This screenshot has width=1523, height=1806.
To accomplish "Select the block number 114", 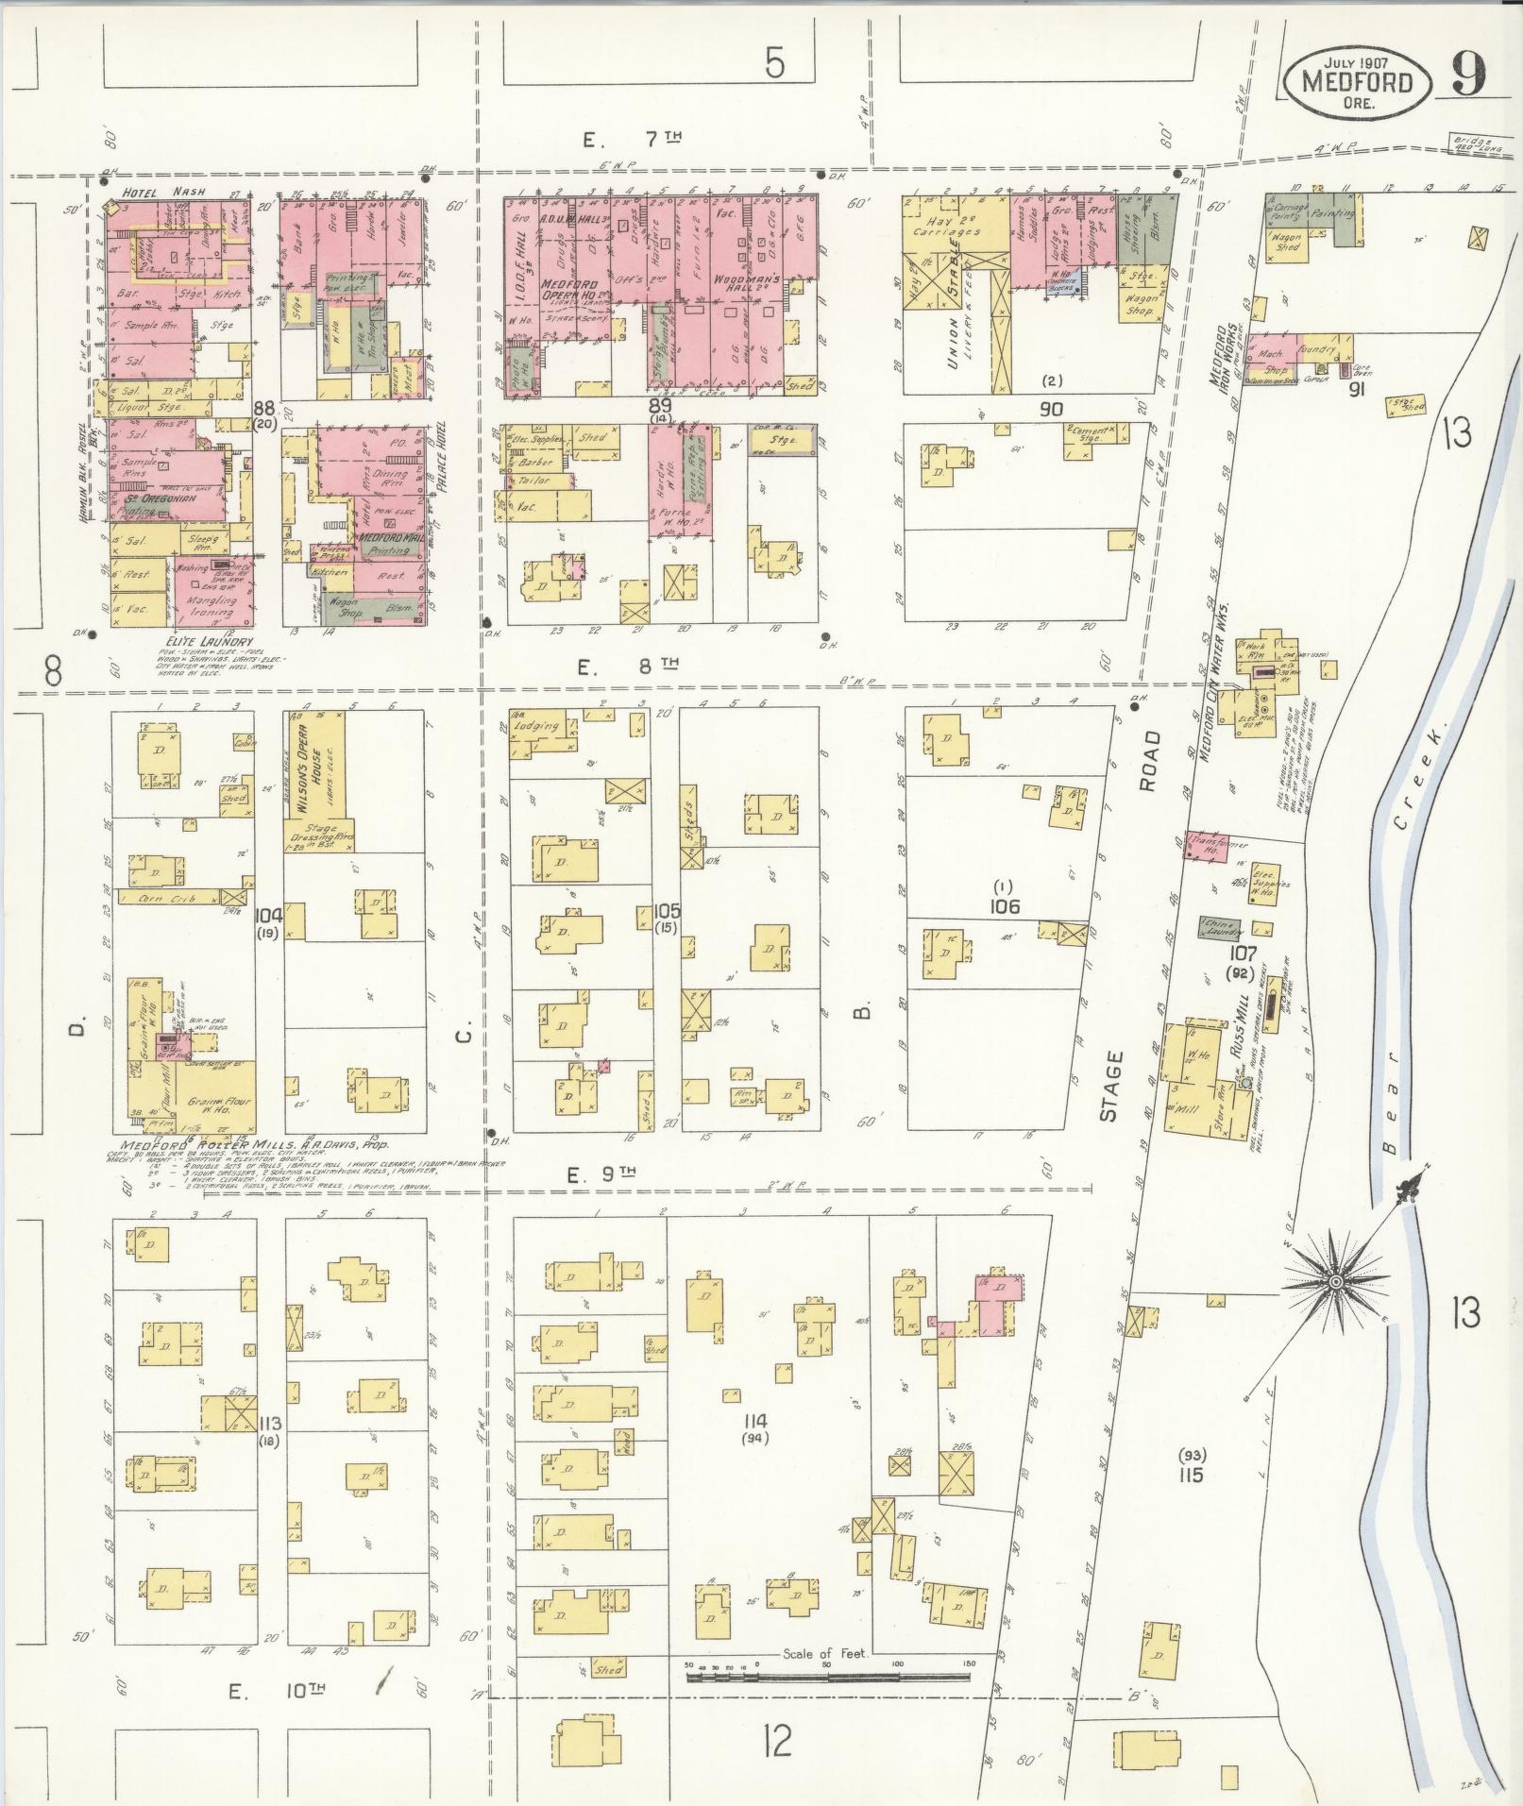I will [x=755, y=1421].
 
